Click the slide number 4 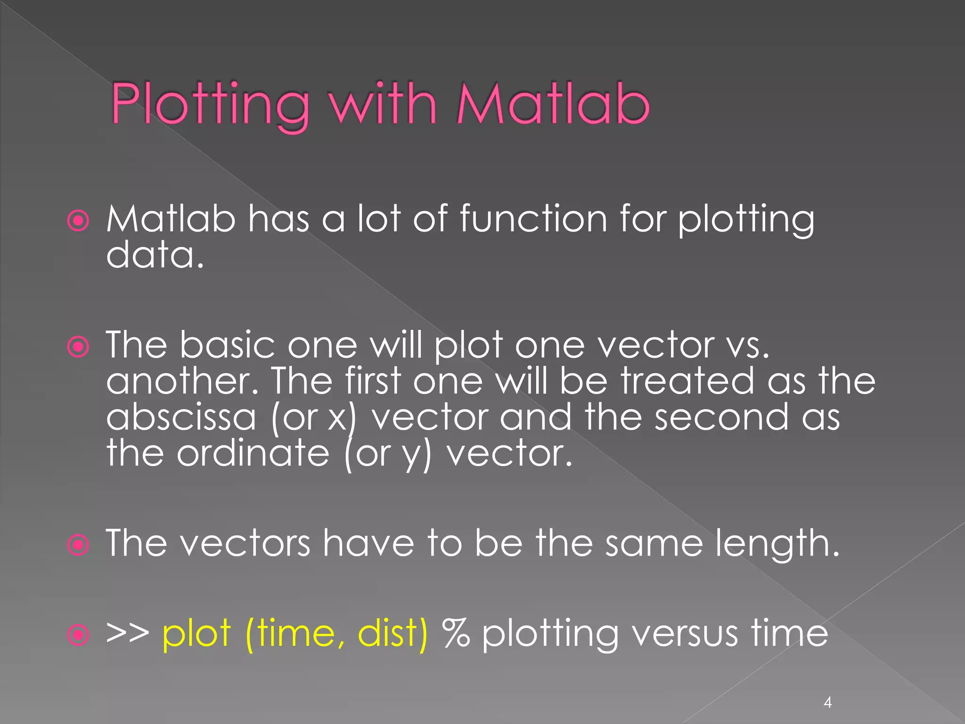click(827, 703)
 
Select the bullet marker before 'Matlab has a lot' click(78, 221)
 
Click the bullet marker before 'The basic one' click(78, 347)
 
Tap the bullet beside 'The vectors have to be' click(78, 545)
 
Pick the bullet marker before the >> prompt click(78, 634)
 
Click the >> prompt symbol click(127, 633)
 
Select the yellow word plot click(196, 633)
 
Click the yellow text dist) click(393, 633)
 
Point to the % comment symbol click(456, 633)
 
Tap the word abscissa click(181, 417)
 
